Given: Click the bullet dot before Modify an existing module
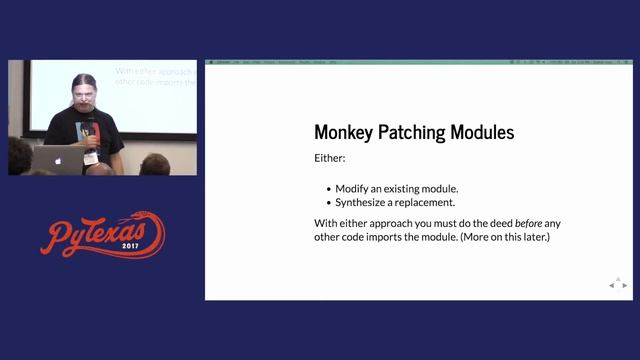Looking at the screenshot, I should [x=329, y=189].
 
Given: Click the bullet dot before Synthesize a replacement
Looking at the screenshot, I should [x=329, y=203].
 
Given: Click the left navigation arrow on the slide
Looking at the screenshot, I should [x=611, y=286].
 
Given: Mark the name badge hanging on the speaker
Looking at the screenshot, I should [x=91, y=158].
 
